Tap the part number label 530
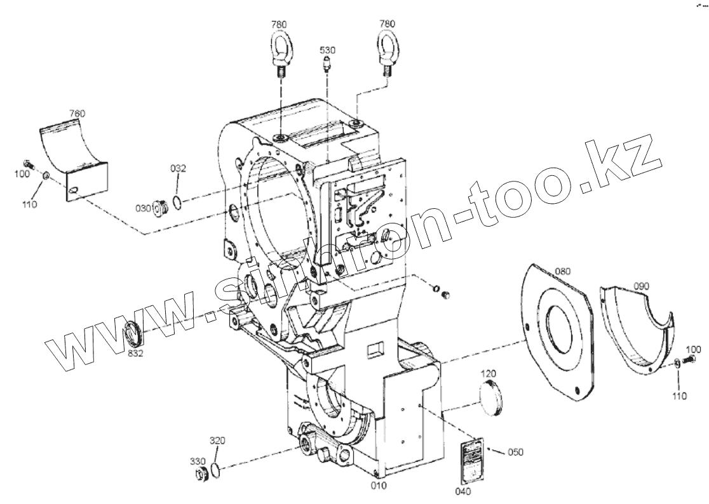[x=327, y=50]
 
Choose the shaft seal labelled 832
[x=133, y=333]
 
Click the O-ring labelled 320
[x=216, y=470]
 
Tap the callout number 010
[x=379, y=486]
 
